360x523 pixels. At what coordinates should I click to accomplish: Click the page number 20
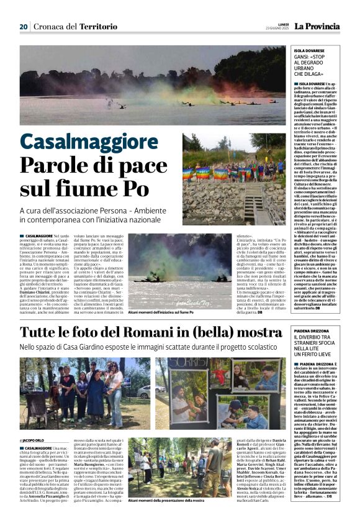[24, 27]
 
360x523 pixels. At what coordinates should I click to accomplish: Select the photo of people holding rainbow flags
[233, 179]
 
